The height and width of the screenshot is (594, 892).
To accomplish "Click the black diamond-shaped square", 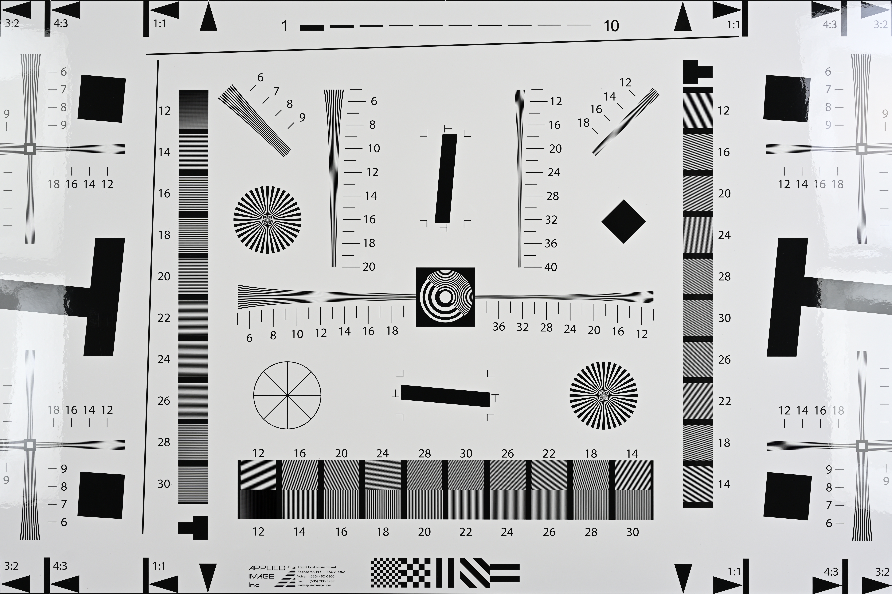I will click(x=624, y=222).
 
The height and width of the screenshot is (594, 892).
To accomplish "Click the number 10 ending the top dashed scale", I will click(x=611, y=26).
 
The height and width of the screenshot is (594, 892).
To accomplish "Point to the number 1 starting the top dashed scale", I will click(x=284, y=26).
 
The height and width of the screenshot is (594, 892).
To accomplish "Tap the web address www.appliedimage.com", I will click(x=314, y=585).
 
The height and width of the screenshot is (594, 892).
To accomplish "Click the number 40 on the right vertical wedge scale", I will click(x=551, y=267).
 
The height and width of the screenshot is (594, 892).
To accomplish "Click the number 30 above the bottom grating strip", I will click(x=466, y=453).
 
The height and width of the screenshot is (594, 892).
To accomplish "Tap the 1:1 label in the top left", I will click(x=160, y=24).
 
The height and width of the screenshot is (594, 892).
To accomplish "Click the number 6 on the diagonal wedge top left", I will click(x=260, y=78).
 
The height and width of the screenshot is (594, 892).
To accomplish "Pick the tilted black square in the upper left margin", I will click(x=102, y=99).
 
